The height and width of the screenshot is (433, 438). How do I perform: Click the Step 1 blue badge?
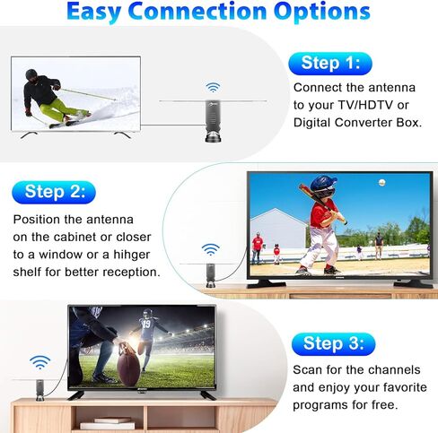pos(329,63)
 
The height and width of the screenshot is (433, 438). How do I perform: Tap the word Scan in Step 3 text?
pos(311,370)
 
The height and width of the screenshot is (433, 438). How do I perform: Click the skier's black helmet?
pos(31,76)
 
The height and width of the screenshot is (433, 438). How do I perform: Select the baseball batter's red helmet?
pos(322,186)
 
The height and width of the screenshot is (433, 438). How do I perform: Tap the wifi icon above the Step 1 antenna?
pos(213,88)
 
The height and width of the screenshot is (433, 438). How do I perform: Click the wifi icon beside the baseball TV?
pos(210,248)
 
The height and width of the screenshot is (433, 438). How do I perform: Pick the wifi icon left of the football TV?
pos(39,362)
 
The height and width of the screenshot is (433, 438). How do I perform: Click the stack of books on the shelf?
pos(113,421)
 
